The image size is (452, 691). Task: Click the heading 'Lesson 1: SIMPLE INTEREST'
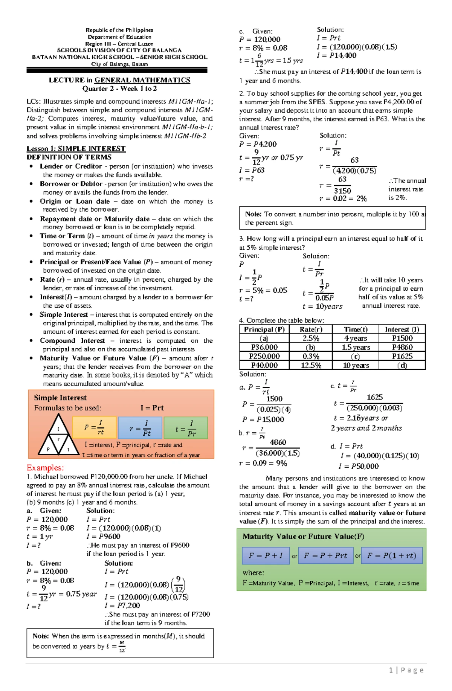coord(76,148)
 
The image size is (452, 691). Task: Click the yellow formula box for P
coord(95,427)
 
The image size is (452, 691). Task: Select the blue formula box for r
coord(140,428)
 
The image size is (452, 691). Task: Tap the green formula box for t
coord(186,428)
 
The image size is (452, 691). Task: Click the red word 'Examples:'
coord(45,468)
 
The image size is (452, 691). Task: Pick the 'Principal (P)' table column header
coord(264,329)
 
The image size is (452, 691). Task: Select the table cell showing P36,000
coord(264,347)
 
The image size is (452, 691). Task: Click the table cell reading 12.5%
coord(311,365)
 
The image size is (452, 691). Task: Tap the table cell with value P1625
coord(402,356)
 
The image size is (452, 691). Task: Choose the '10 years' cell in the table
coord(356,365)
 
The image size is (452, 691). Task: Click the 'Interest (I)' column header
coord(402,329)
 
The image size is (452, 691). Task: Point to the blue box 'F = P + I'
coord(266,555)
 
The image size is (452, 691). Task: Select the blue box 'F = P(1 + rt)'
coord(392,555)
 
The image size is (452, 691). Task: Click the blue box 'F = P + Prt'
coord(325,555)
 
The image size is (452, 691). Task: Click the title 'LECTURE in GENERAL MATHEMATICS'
coord(119,80)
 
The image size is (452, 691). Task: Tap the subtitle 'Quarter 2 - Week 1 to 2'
coord(119,88)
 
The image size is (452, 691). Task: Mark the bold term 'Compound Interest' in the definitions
coord(72,340)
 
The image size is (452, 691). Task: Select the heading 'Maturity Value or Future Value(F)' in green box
coord(303,536)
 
